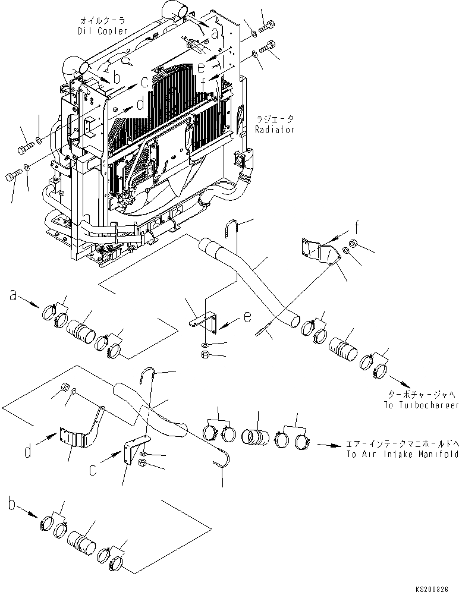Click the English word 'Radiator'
[x=275, y=129]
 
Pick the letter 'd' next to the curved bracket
[x=28, y=452]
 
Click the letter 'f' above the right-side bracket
[x=356, y=226]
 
